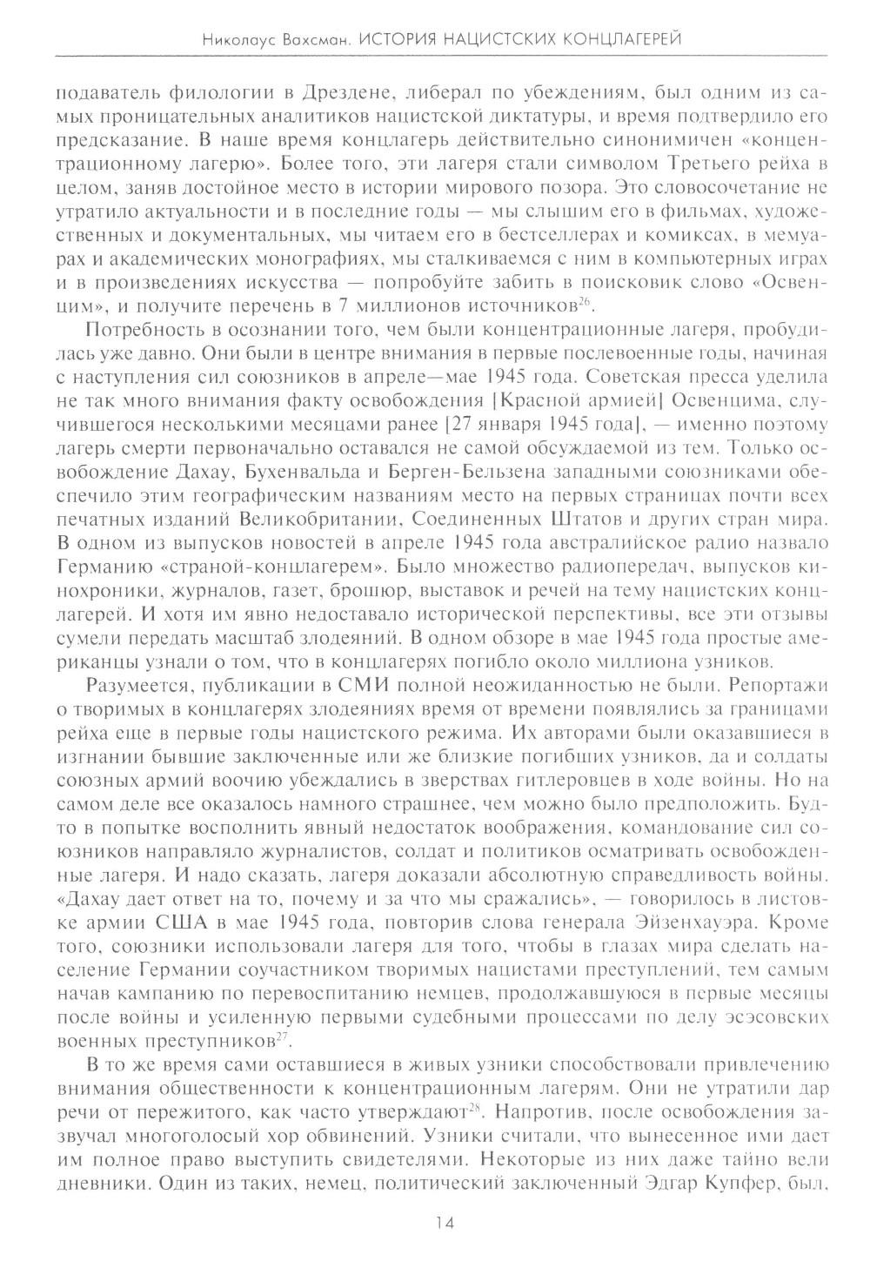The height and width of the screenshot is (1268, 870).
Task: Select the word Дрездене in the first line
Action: [295, 91]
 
